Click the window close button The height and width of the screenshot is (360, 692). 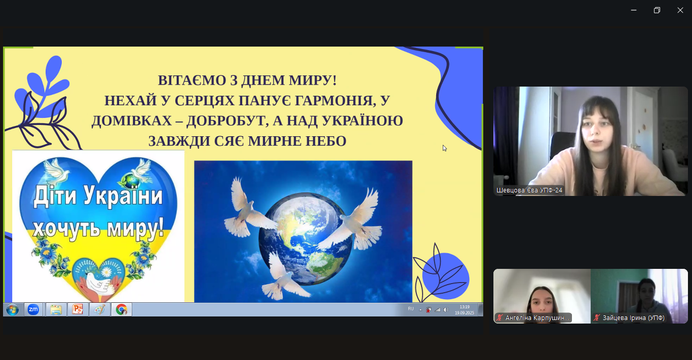(x=680, y=10)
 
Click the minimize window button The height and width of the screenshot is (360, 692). (x=633, y=10)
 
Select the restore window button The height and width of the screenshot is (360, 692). (x=657, y=10)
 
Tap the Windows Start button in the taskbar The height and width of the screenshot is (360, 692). (x=12, y=309)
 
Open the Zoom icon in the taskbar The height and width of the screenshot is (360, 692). (x=33, y=309)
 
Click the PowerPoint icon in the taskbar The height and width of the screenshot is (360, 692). (x=78, y=309)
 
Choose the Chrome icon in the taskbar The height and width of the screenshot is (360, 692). (x=121, y=309)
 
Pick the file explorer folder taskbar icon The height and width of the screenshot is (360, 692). (x=56, y=309)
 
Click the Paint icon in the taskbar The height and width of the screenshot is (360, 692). (x=99, y=309)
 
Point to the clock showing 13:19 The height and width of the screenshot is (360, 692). (x=464, y=307)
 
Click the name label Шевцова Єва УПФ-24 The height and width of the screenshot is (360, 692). (x=529, y=190)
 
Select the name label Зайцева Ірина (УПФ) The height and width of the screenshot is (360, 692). (x=633, y=318)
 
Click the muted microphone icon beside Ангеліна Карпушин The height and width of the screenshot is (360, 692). (x=499, y=318)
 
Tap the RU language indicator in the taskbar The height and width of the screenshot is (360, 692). (x=411, y=308)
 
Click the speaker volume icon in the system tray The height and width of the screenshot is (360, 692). (x=446, y=310)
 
